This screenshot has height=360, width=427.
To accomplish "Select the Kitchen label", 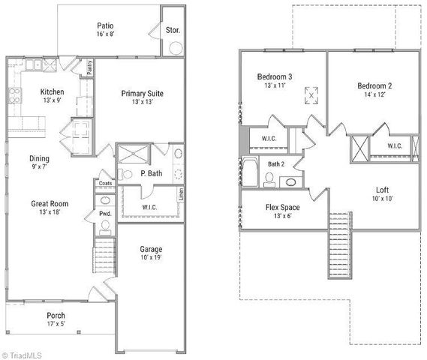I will click(x=53, y=92).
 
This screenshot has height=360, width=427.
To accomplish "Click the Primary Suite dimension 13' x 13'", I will click(x=142, y=103).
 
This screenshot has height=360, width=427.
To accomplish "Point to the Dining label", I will click(x=40, y=158).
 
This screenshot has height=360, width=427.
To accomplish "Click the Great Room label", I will click(x=50, y=203).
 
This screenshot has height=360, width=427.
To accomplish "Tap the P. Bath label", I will click(x=152, y=174).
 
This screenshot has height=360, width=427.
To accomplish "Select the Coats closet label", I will click(x=104, y=182).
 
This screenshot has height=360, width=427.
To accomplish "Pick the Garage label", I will click(x=151, y=249).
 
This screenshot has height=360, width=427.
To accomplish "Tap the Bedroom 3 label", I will click(x=275, y=76).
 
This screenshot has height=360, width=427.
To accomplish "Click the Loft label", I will click(x=381, y=190).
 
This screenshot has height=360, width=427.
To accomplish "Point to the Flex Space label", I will click(x=284, y=207).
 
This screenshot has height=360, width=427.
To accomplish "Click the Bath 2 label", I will click(x=277, y=163).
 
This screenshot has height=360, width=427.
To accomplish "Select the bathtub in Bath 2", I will click(x=249, y=174).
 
